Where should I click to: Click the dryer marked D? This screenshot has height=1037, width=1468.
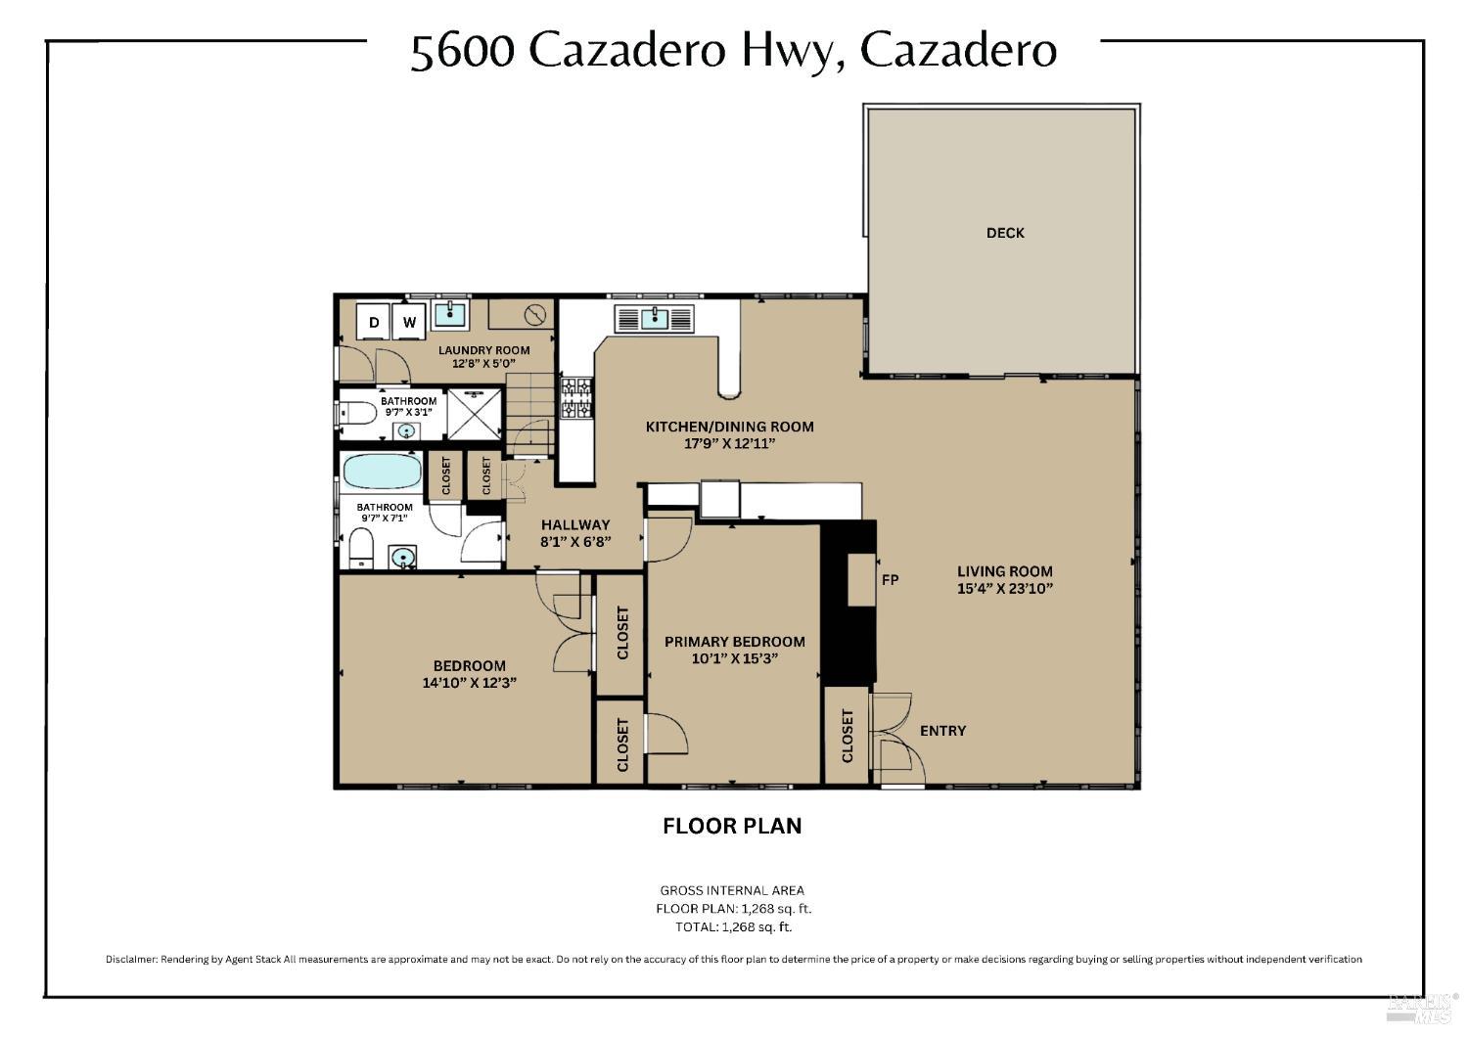tap(373, 322)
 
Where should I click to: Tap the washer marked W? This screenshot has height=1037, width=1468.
tap(410, 322)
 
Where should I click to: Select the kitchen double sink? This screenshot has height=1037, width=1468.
tap(654, 319)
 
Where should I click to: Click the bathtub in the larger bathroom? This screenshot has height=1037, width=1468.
tap(382, 471)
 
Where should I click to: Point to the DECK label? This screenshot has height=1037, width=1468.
tap(1005, 233)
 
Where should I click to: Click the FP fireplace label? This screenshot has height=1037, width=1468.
tap(890, 580)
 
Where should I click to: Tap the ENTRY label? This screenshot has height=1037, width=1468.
tap(942, 731)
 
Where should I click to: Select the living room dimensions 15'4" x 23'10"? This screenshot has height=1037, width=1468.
tap(1004, 589)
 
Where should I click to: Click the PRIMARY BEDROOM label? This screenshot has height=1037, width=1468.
tap(734, 642)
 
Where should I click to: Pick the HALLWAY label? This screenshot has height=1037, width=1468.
tap(575, 524)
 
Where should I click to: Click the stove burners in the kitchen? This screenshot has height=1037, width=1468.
tap(576, 399)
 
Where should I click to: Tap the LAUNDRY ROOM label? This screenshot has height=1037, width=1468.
tap(483, 350)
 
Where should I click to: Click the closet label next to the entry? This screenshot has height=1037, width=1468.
tap(848, 736)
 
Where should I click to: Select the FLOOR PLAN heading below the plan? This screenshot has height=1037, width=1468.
tap(732, 826)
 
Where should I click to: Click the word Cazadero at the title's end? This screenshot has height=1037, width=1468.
tap(958, 51)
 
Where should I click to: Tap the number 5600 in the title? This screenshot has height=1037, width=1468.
tap(462, 52)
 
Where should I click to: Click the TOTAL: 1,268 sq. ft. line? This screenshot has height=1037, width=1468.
tap(733, 926)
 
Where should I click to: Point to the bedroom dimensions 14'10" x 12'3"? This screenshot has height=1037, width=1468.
tap(470, 684)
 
